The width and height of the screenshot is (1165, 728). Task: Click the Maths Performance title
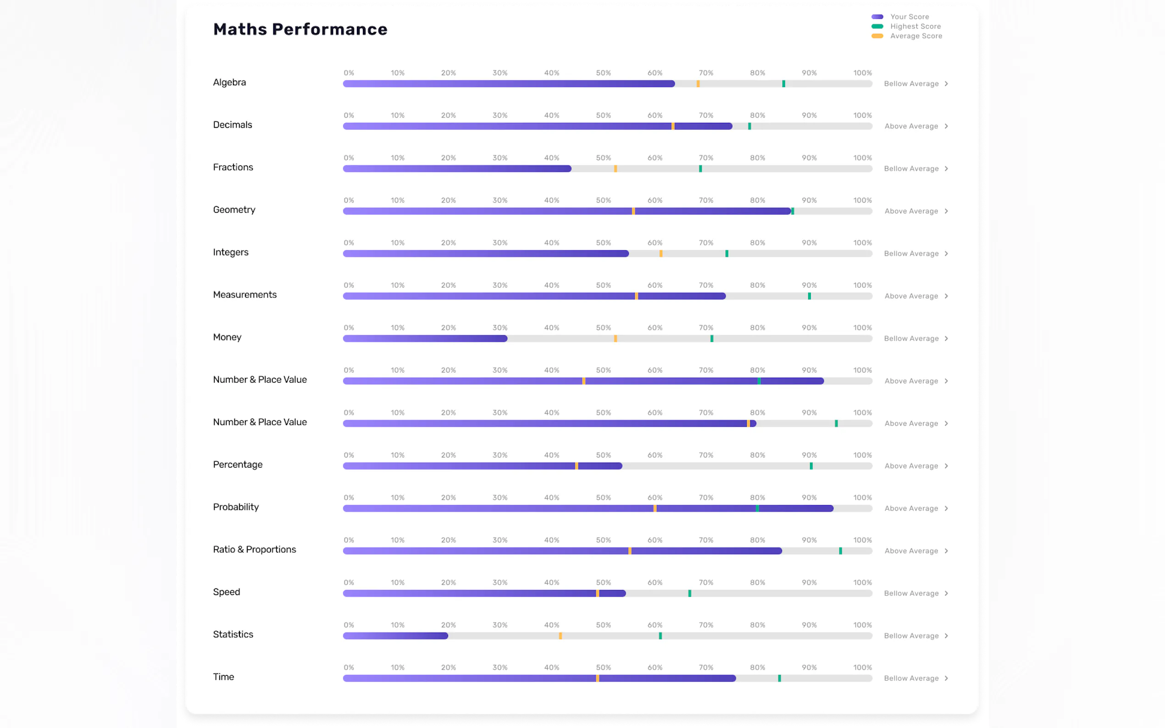point(300,29)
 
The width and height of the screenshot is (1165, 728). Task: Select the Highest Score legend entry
point(915,27)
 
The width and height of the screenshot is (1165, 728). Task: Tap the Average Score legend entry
point(915,36)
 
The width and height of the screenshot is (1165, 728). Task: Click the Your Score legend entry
point(909,17)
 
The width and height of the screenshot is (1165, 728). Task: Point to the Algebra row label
point(229,83)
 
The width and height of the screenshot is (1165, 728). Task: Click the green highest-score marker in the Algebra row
point(783,84)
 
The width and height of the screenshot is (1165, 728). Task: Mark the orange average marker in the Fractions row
point(616,169)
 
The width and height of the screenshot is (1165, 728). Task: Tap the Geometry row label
point(234,210)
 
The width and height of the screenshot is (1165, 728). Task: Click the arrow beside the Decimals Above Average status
point(946,126)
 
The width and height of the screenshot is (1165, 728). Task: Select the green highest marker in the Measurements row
point(809,296)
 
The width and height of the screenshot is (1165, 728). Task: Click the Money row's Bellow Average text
point(911,338)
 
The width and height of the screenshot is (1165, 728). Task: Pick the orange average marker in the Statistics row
point(560,636)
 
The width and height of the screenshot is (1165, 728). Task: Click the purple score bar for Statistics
point(395,636)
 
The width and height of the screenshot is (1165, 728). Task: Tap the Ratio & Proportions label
point(254,549)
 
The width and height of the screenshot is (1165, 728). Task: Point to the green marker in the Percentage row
point(811,466)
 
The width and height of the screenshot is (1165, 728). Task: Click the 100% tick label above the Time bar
point(862,667)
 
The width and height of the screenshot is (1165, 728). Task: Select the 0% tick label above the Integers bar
point(349,243)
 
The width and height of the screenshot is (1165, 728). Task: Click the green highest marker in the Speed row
point(690,594)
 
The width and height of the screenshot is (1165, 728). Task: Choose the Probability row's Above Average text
point(911,508)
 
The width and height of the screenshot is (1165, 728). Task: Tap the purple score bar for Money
point(425,338)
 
